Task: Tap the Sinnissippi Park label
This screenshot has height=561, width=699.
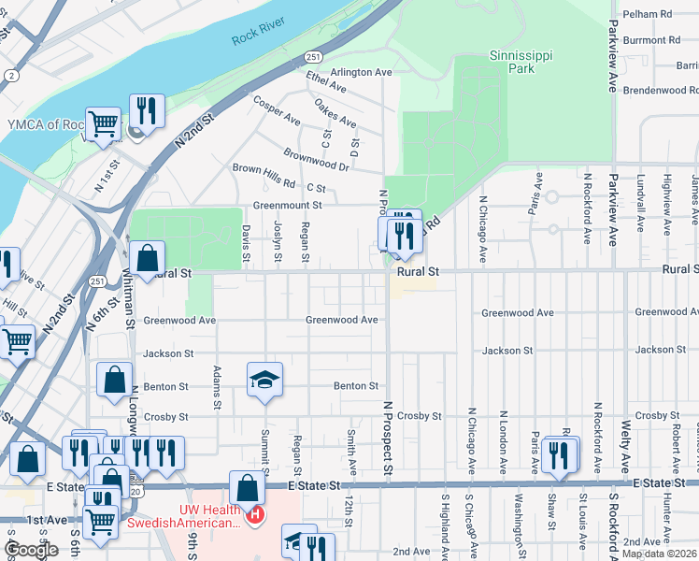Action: [x=521, y=62]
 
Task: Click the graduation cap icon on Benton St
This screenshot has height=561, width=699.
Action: [x=264, y=380]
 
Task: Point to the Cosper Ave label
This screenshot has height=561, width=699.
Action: [x=276, y=109]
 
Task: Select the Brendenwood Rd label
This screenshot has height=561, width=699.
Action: [x=662, y=90]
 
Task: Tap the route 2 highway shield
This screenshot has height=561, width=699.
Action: [x=10, y=75]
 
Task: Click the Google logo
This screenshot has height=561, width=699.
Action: [x=31, y=550]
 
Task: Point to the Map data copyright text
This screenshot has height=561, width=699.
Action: [x=660, y=554]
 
